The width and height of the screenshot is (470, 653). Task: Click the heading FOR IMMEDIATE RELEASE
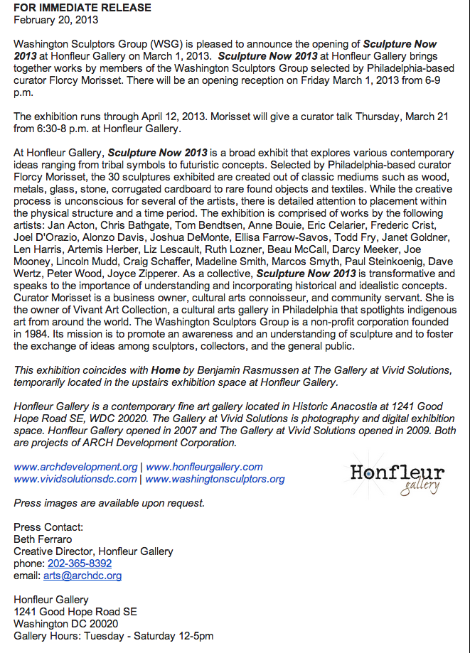pos(82,8)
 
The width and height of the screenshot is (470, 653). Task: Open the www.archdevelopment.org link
pos(75,467)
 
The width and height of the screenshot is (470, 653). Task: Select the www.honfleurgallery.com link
pos(204,467)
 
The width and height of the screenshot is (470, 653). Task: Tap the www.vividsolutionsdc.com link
pos(75,479)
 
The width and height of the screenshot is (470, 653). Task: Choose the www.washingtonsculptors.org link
pos(215,479)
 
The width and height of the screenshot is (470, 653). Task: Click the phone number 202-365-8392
pos(80,563)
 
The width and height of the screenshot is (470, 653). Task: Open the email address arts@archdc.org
pos(82,576)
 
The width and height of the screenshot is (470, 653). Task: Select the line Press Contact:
pos(48,527)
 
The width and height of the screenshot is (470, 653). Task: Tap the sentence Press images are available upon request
pos(109,503)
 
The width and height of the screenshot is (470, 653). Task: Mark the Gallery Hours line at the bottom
pos(113,636)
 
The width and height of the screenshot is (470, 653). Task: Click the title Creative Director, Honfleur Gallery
pos(93,551)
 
